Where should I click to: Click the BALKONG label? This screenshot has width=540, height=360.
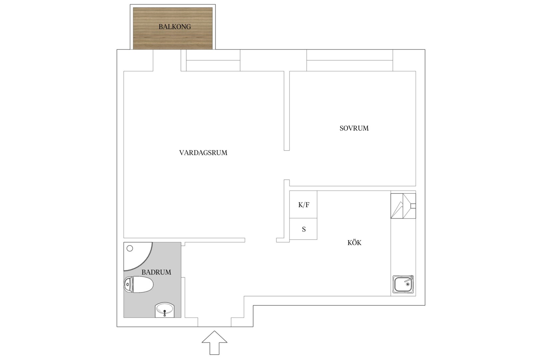tap(175, 27)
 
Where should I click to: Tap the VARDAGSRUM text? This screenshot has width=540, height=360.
tap(203, 153)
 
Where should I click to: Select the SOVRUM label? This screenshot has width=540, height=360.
tap(354, 128)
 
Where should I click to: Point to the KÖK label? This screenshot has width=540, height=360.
tap(354, 243)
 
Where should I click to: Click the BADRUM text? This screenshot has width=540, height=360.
tap(156, 272)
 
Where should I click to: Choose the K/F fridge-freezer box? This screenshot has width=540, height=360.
tap(303, 204)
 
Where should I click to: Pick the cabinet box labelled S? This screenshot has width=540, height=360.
tap(303, 229)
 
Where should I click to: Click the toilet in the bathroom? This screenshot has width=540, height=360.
tap(139, 285)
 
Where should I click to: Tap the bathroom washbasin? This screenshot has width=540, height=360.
tap(165, 310)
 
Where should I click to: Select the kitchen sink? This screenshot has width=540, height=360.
tap(403, 284)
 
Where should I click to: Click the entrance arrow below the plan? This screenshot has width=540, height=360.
tap(214, 343)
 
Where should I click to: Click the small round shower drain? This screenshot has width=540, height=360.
tap(130, 248)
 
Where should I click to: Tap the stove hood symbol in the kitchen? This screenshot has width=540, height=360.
tap(403, 206)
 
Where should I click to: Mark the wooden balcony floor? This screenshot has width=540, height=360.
tap(173, 28)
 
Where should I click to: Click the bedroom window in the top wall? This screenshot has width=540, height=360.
tap(350, 60)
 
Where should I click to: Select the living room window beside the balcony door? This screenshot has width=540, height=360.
tap(213, 60)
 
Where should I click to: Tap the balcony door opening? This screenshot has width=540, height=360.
tap(167, 60)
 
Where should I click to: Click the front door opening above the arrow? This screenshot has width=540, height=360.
tap(215, 322)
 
